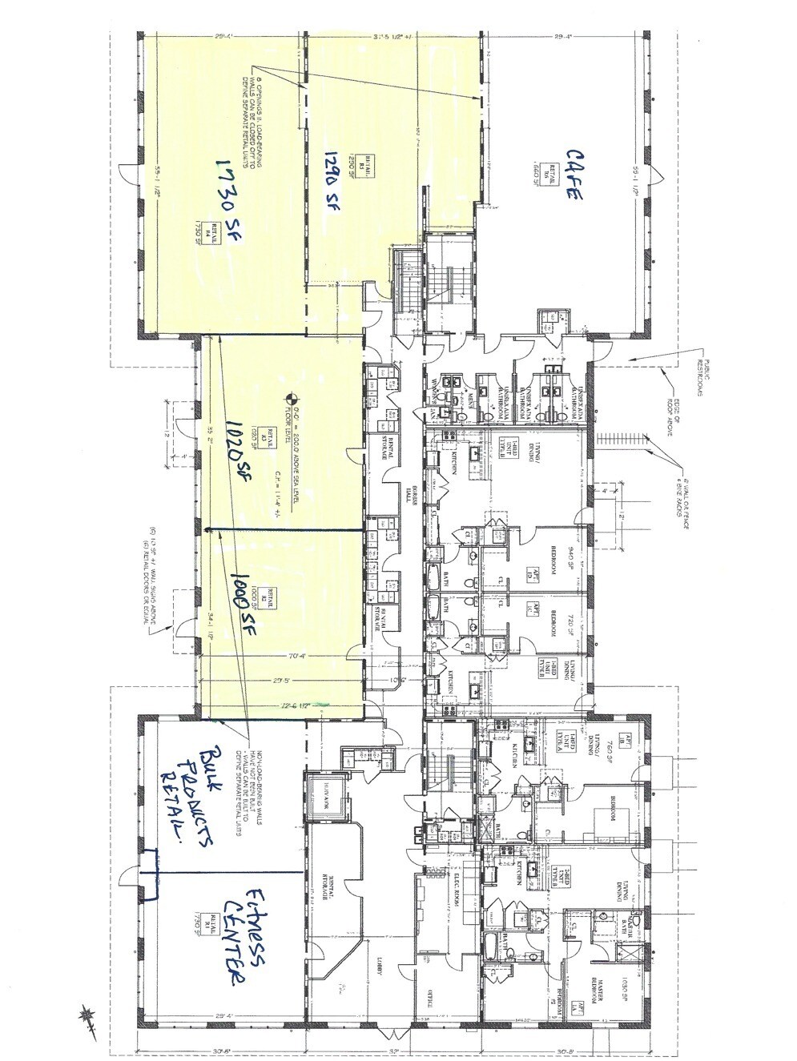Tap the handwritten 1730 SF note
click(x=217, y=207)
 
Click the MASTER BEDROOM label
click(x=598, y=975)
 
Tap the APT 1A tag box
click(x=629, y=741)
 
